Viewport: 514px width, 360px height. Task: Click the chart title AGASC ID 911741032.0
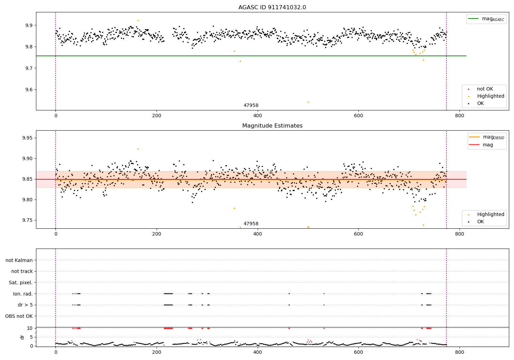[x=272, y=8]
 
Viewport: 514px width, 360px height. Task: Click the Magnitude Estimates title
[x=272, y=126]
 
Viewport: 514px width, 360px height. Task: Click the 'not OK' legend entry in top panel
[x=485, y=89]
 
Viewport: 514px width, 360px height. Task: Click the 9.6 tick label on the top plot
[x=27, y=90]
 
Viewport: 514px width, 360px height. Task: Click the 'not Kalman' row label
[x=19, y=260]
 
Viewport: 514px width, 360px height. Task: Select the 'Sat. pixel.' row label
[x=21, y=283]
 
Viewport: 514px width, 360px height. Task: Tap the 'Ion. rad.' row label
[x=23, y=294]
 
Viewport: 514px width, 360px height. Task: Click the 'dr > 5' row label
[x=25, y=305]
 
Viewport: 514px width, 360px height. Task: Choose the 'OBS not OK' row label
[x=19, y=316]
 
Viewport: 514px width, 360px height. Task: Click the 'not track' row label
[x=22, y=271]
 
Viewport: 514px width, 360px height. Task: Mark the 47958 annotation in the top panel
[x=251, y=106]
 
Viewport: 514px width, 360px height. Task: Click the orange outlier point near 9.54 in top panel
[x=308, y=102]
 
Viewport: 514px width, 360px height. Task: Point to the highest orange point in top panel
[x=138, y=20]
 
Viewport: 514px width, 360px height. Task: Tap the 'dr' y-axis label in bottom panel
[x=22, y=337]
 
